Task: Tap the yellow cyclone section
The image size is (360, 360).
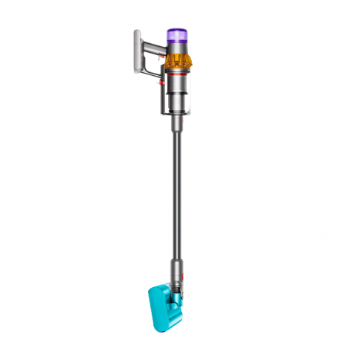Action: [179, 62]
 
